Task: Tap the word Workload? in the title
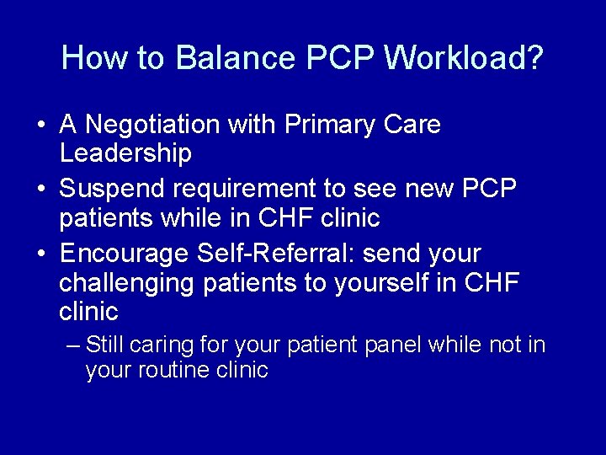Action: tap(464, 58)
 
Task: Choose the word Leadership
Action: tap(125, 154)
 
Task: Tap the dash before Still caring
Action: tap(73, 345)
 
